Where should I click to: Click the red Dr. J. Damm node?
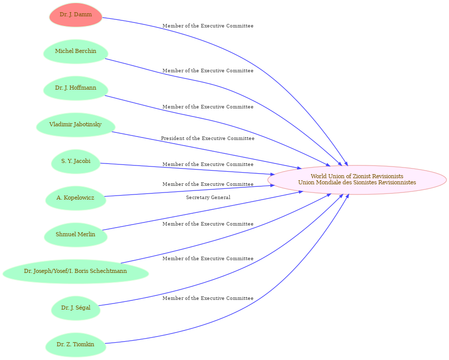point(75,15)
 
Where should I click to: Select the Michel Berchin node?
point(75,51)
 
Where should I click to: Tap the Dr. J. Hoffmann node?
point(75,88)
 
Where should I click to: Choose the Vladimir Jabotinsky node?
point(75,125)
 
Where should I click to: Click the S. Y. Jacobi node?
point(75,161)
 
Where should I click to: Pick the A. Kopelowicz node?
point(75,198)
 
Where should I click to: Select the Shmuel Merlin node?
point(75,234)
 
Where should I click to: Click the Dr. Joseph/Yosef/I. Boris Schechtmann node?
point(75,271)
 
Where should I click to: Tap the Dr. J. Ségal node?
point(75,308)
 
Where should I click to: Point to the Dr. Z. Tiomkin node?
point(75,345)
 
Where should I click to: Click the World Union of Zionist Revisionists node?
point(357,179)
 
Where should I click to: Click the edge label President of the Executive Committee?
point(207,139)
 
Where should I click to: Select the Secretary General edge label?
point(208,198)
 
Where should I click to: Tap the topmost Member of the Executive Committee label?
point(207,26)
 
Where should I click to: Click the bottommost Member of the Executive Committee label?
point(207,298)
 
